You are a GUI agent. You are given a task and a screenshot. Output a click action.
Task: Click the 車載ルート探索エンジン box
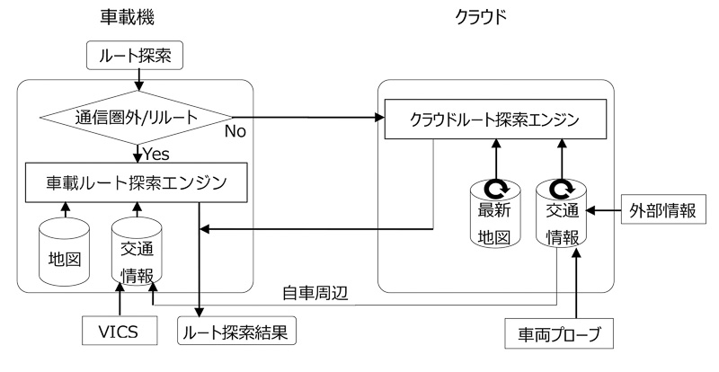coord(135,182)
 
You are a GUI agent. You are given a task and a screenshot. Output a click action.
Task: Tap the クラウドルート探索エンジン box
coord(493,120)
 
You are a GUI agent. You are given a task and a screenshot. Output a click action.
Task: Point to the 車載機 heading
coord(136,18)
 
